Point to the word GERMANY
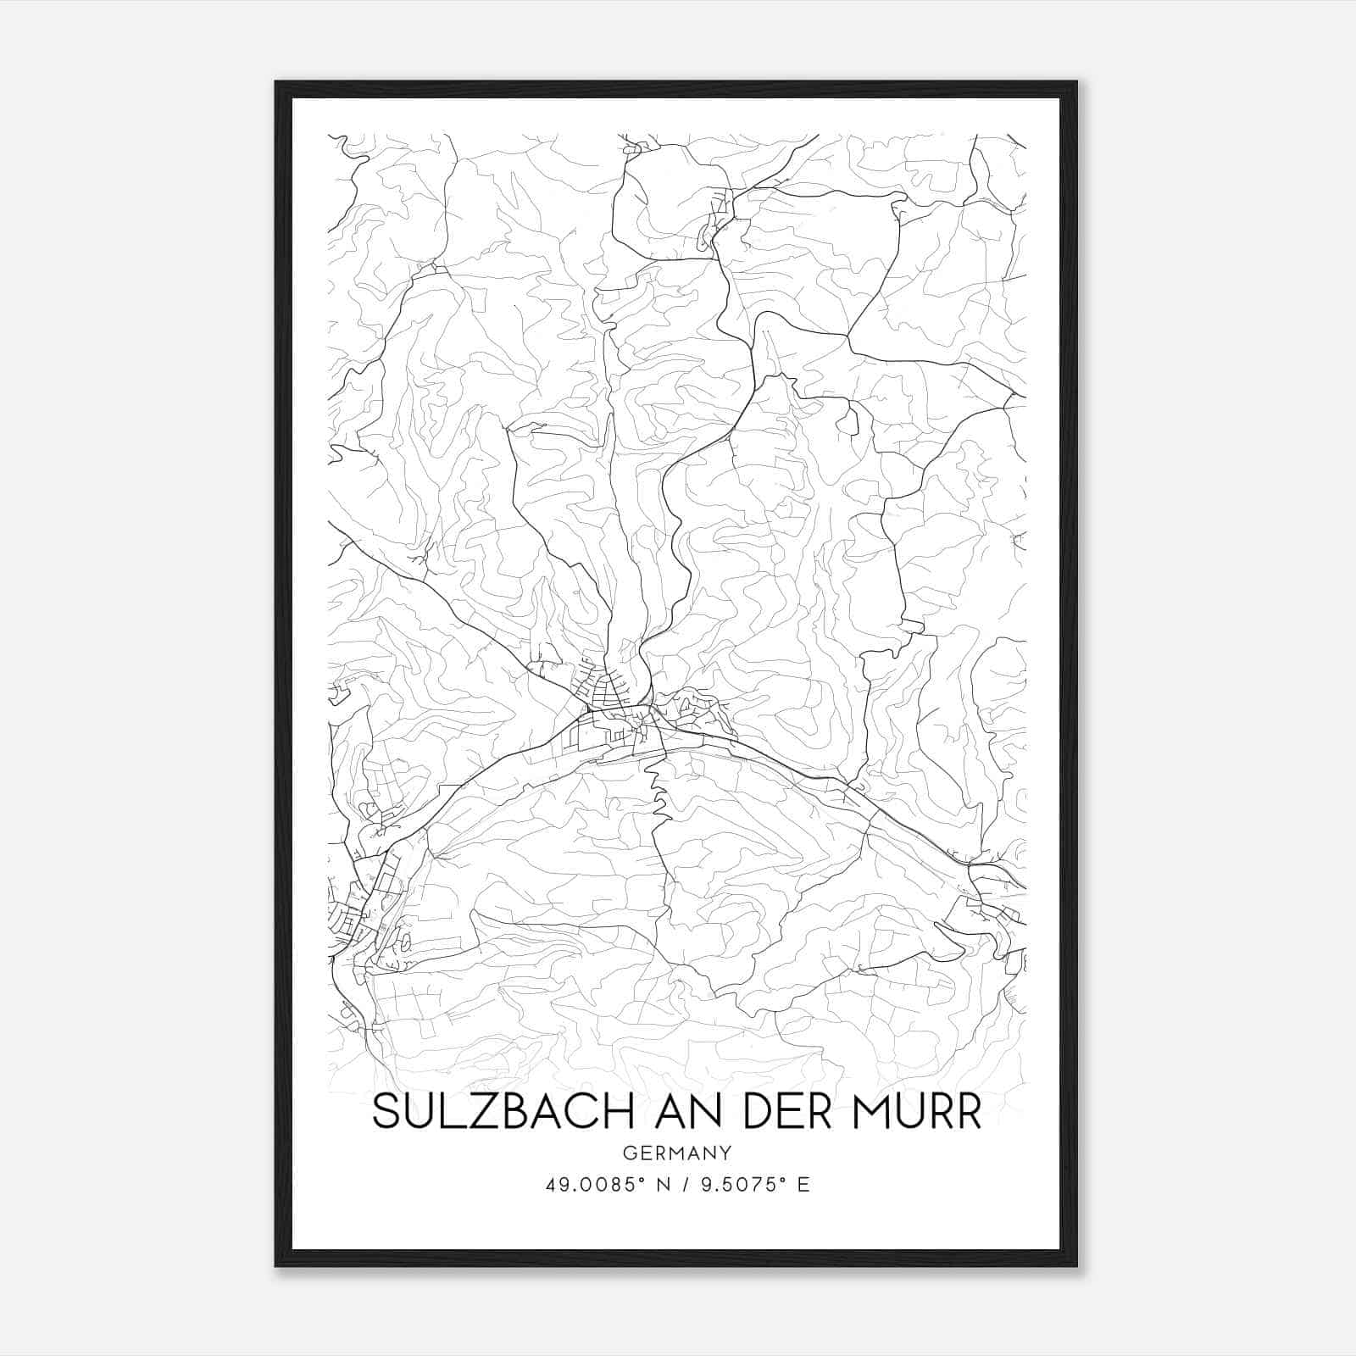pos(677,1153)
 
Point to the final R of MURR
pos(968,1113)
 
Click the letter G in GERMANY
pos(628,1153)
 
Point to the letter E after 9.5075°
pos(803,1185)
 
